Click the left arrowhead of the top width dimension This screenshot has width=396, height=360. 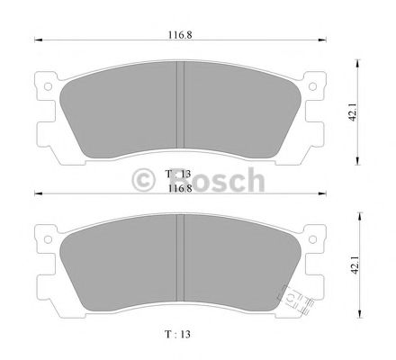37,39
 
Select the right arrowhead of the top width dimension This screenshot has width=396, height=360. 327,39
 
